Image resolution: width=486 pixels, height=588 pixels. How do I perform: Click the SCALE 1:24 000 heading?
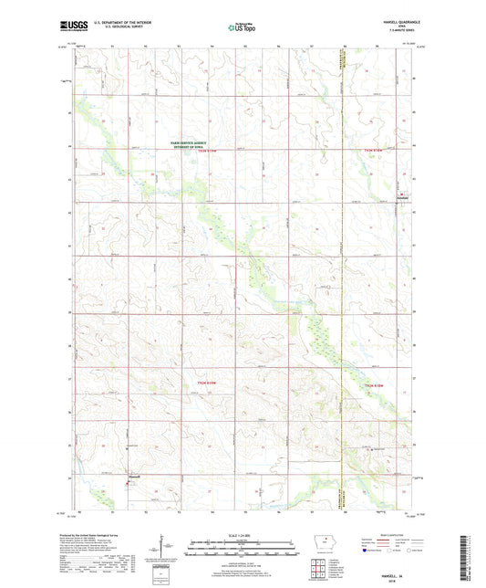point(243,535)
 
